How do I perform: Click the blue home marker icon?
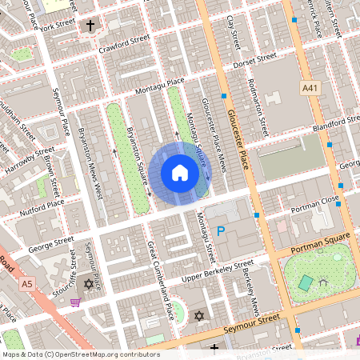[x=180, y=173]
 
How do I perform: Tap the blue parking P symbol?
[x=222, y=231]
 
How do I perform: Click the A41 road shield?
[x=310, y=86]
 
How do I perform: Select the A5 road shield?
[x=28, y=283]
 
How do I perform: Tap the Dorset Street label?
[x=254, y=61]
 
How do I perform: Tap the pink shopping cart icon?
[x=75, y=302]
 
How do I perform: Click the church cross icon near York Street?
[x=90, y=26]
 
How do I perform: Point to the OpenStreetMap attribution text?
[x=81, y=354]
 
